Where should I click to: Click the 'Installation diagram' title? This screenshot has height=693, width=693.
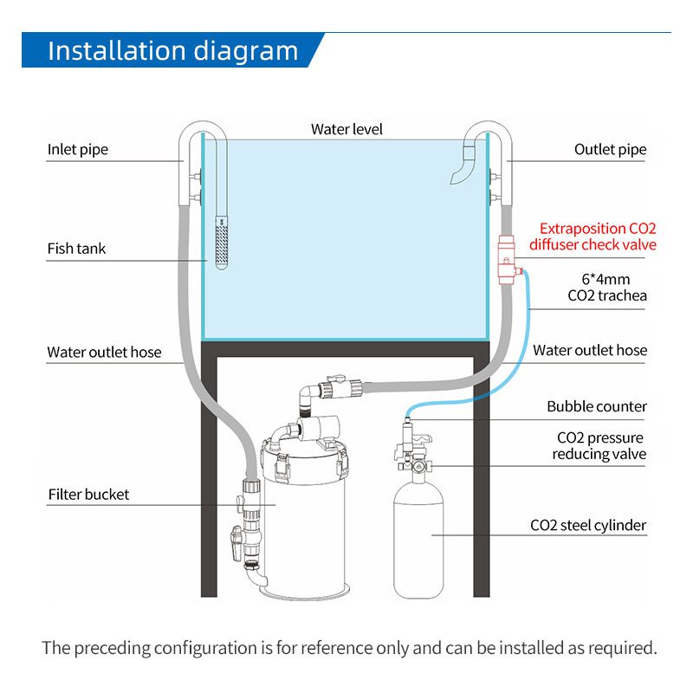coord(172,50)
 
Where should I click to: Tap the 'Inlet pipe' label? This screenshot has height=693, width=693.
coord(78,150)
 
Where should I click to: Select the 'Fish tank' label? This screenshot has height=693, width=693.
coord(76,249)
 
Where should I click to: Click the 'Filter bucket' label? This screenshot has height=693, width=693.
coord(88,495)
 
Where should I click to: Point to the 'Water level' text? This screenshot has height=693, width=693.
coord(346,130)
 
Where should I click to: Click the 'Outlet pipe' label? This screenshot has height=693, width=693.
coord(610,150)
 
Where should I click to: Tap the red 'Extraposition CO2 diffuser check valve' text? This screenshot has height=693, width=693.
coord(598,236)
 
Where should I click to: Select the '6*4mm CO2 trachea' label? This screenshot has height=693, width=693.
coord(606,288)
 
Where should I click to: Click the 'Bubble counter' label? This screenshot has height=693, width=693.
coord(597,406)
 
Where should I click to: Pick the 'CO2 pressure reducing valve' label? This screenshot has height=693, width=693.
coord(599,445)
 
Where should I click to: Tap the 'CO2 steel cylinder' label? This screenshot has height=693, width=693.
coord(588,525)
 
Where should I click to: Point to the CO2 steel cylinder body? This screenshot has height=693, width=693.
coord(419,537)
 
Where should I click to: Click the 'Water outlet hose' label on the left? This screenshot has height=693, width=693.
coord(104,353)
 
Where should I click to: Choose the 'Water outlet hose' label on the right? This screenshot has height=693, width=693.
coord(590,350)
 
